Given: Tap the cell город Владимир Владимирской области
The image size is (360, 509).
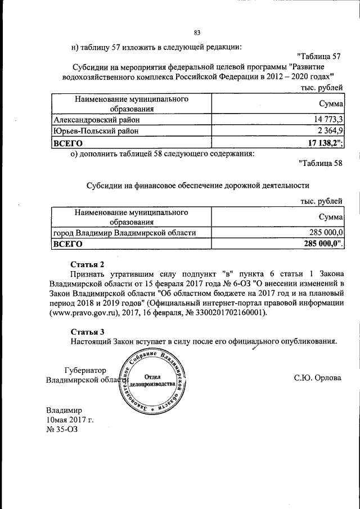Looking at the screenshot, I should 124,232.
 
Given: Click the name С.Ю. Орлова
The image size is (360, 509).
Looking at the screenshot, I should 317,377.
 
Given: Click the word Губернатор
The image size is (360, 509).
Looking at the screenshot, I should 85,370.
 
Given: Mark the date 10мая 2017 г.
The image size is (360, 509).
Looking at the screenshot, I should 70,420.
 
